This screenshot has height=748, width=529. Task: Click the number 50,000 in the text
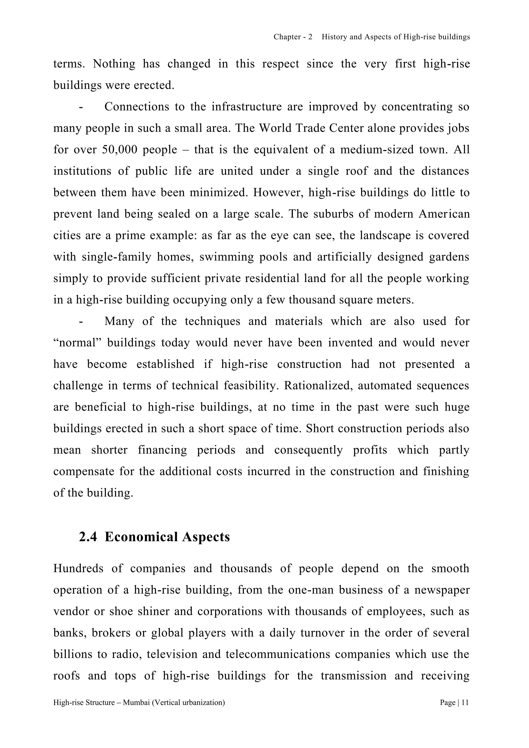pos(119,150)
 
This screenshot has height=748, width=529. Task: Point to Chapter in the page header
pos(287,37)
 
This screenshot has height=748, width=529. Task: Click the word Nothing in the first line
pos(114,64)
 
